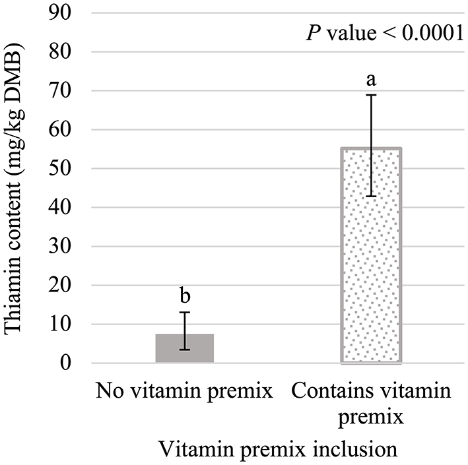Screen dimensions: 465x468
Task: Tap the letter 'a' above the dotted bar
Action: pyautogui.click(x=371, y=80)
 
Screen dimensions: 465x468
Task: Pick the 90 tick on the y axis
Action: pyautogui.click(x=67, y=13)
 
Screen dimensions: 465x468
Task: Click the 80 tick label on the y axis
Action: pyautogui.click(x=67, y=52)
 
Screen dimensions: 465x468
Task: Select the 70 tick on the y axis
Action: pyautogui.click(x=67, y=91)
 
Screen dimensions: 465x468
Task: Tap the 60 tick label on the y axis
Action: pyautogui.click(x=67, y=130)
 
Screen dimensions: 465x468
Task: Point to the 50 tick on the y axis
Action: pyautogui.click(x=67, y=169)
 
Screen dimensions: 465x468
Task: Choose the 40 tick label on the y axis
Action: pyautogui.click(x=67, y=208)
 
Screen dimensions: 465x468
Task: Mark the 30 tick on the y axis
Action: pyautogui.click(x=67, y=247)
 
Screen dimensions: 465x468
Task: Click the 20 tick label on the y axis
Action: pyautogui.click(x=67, y=286)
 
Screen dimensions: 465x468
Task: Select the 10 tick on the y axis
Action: pyautogui.click(x=67, y=325)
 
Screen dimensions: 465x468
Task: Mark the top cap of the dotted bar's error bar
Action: pyautogui.click(x=371, y=95)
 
